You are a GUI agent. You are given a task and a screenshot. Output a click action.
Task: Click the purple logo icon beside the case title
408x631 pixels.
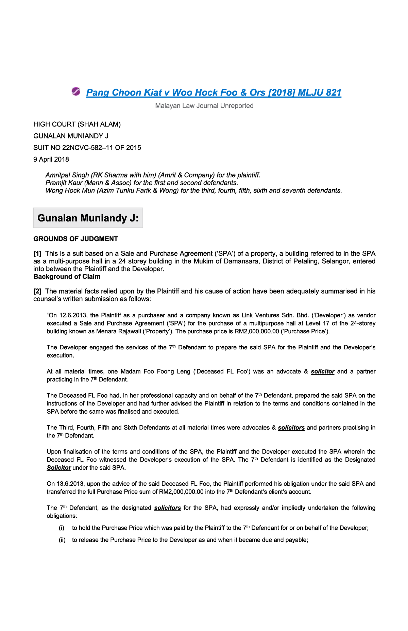point(76,91)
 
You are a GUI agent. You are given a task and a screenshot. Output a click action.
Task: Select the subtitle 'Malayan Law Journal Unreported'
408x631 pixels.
point(204,106)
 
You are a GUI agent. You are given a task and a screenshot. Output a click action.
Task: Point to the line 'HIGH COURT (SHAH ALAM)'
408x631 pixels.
point(77,124)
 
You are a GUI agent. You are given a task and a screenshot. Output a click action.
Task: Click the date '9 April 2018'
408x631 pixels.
point(51,160)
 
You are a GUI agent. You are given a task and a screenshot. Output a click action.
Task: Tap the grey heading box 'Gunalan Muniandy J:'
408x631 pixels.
point(88,218)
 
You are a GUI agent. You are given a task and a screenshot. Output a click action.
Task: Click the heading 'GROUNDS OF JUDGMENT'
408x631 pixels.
point(75,239)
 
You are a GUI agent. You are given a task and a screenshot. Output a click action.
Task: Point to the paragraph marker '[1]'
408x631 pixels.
point(37,254)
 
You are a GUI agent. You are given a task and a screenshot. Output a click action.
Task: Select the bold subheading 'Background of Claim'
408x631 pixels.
point(67,277)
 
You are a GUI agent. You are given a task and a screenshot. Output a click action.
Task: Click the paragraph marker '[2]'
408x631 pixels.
point(37,292)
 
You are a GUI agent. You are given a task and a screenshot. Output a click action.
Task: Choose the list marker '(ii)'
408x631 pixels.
point(62,540)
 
